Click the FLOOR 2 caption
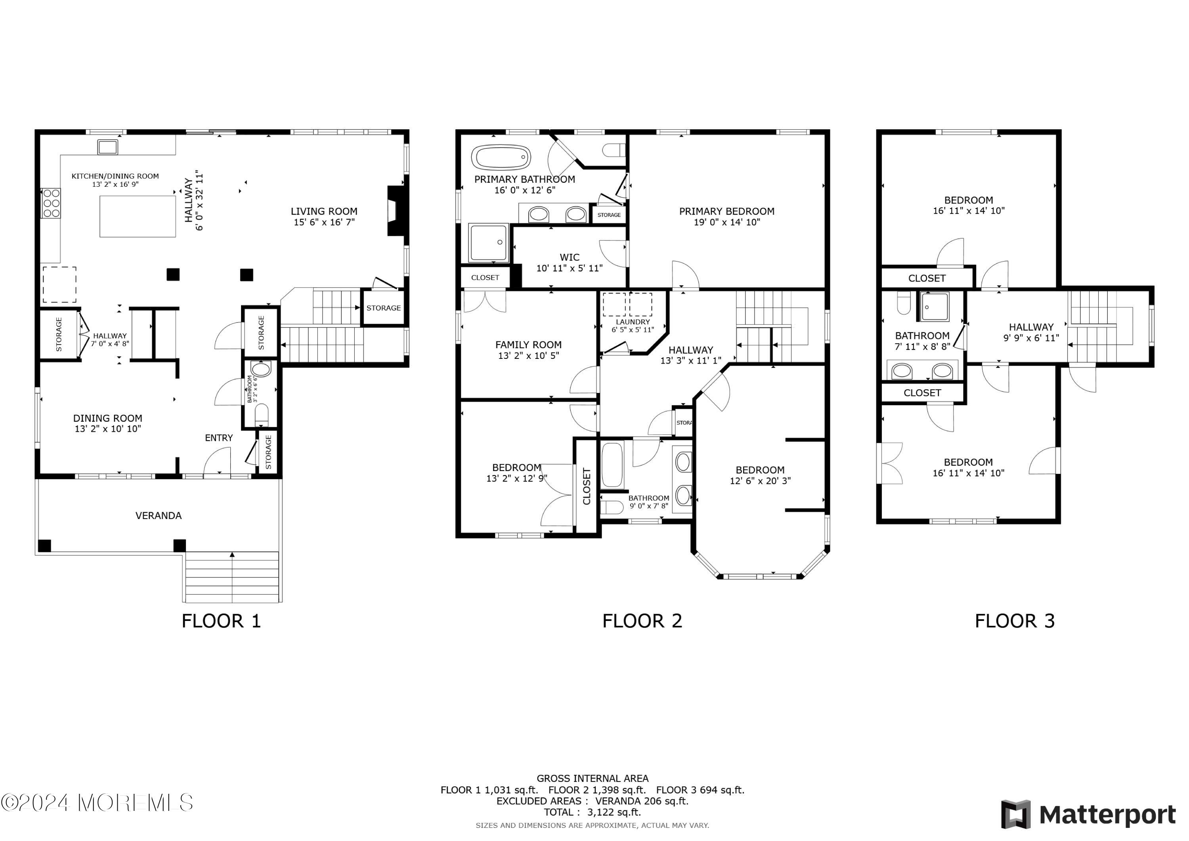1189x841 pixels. [x=642, y=621]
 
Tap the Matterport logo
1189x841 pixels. [x=1088, y=814]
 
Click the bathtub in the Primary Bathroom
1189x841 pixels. [x=501, y=157]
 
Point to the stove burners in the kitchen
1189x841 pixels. [x=51, y=203]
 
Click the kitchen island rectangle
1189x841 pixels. [x=138, y=216]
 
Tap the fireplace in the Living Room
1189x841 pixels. [x=396, y=211]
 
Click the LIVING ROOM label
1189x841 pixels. [x=324, y=211]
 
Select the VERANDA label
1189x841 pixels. [x=159, y=515]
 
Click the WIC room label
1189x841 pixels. [x=570, y=257]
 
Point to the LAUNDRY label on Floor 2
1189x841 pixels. [x=633, y=322]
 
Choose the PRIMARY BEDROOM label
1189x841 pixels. [x=726, y=211]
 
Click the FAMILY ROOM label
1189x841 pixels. [x=528, y=345]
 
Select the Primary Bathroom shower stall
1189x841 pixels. [x=488, y=243]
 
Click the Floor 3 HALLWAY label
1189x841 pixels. [x=1031, y=328]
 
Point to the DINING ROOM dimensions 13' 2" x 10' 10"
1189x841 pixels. [x=108, y=429]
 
